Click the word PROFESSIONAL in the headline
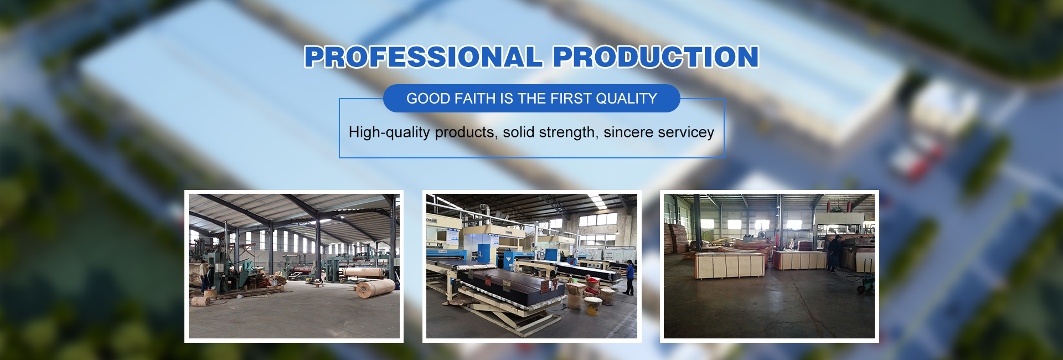point(424,57)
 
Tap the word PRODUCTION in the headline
point(656,57)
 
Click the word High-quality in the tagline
point(389,132)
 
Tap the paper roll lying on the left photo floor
point(375,288)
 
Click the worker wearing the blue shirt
point(629,277)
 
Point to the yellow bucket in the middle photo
point(593,306)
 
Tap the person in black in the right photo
point(834,254)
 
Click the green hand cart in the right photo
point(865,276)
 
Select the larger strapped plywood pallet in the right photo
point(730,265)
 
